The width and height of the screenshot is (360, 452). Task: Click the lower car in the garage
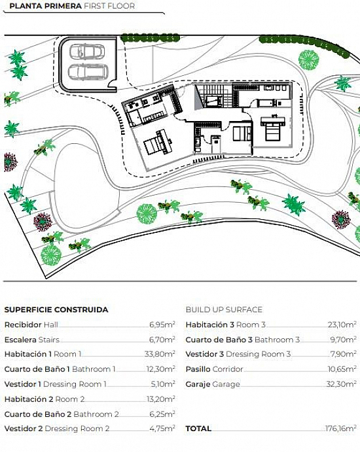click(x=88, y=72)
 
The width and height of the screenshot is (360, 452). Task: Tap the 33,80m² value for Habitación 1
click(x=160, y=354)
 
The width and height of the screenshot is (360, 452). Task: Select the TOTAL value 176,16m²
click(x=341, y=428)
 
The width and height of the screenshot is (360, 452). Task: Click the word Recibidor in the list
click(x=23, y=324)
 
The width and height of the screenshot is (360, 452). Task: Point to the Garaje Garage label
click(x=213, y=384)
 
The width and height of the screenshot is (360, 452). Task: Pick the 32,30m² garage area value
click(x=341, y=384)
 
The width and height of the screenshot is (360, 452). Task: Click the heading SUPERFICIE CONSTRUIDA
click(x=56, y=309)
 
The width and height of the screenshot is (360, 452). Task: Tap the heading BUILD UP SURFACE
click(x=224, y=309)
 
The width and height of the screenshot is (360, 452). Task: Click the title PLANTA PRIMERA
click(x=45, y=6)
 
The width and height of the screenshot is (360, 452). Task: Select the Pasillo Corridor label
click(x=214, y=369)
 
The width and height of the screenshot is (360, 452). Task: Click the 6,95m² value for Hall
click(x=162, y=324)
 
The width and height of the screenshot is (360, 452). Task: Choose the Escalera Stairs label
click(x=31, y=339)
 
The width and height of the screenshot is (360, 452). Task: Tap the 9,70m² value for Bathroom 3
click(x=343, y=339)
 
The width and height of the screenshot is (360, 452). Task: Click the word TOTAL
click(x=198, y=428)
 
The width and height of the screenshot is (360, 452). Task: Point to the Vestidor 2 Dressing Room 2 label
click(x=57, y=428)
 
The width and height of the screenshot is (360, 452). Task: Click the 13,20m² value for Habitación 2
click(x=160, y=399)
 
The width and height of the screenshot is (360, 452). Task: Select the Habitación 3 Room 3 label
click(x=226, y=324)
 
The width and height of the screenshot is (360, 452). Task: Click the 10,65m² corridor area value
click(x=342, y=369)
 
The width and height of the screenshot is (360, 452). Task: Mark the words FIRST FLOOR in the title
click(x=109, y=6)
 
